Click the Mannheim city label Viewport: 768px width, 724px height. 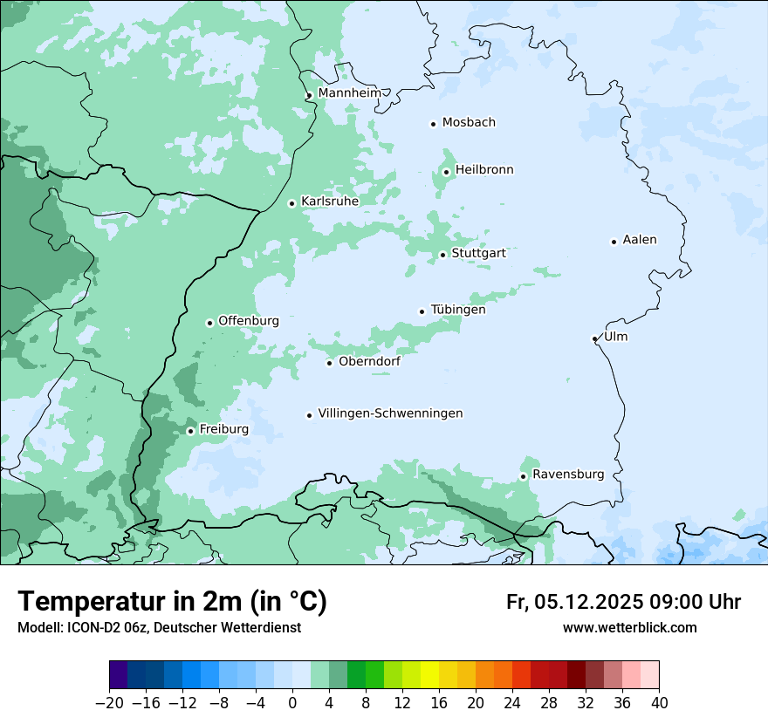click(x=349, y=93)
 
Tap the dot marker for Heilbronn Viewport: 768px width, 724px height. click(x=446, y=172)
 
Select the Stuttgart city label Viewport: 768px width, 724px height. click(x=478, y=253)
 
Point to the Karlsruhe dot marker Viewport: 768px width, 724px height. click(x=292, y=203)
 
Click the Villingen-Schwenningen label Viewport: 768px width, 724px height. click(x=390, y=413)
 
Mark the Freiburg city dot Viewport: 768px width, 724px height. click(x=190, y=431)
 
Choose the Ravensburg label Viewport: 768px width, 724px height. click(x=567, y=475)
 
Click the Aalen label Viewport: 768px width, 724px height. click(x=640, y=240)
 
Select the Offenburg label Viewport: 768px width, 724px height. click(x=249, y=321)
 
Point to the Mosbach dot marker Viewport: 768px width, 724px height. click(x=433, y=124)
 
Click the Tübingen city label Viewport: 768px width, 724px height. click(x=458, y=310)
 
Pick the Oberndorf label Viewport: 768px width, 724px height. click(x=369, y=361)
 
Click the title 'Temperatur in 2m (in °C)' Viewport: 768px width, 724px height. click(x=172, y=602)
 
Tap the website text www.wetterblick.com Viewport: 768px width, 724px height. click(x=629, y=627)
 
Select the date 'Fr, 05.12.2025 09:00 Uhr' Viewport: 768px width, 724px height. click(x=623, y=602)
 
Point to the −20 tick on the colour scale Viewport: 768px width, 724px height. click(x=110, y=702)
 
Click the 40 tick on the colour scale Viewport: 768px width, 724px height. click(x=659, y=702)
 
